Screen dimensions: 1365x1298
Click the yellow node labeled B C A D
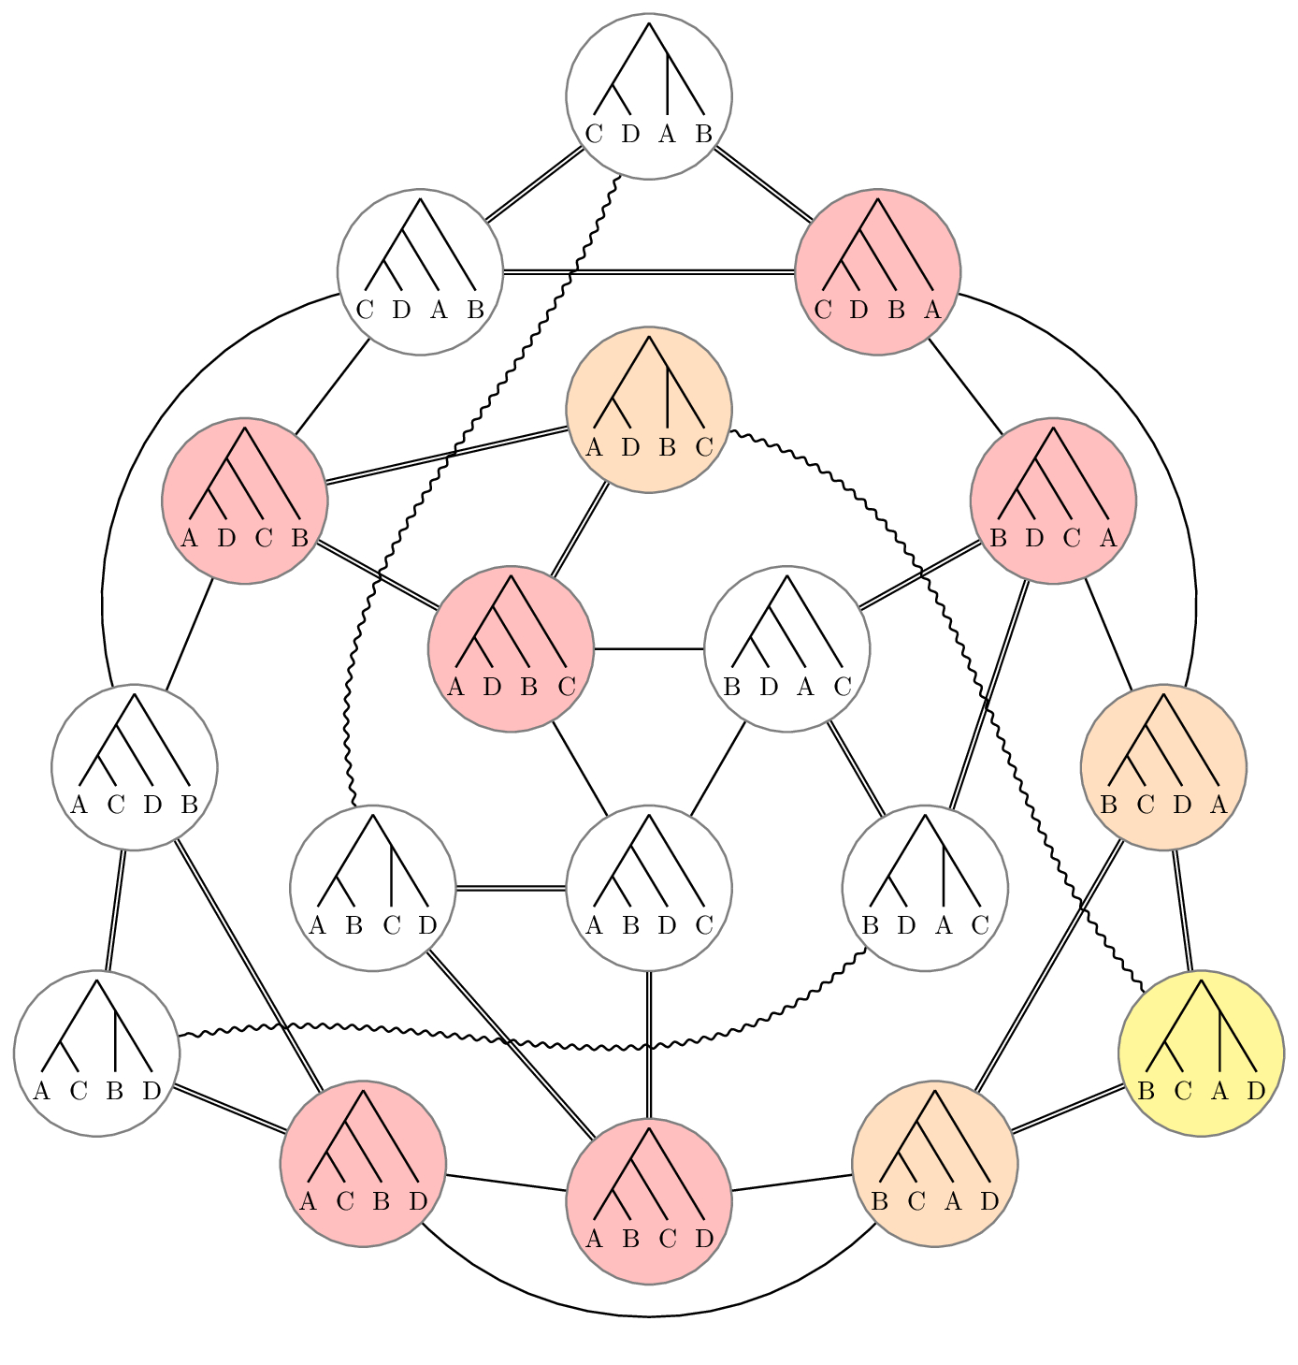click(x=1201, y=1053)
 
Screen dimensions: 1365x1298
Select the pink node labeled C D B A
click(x=877, y=272)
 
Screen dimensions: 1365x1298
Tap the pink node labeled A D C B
click(x=245, y=501)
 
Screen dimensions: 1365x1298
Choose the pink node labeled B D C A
click(x=1053, y=501)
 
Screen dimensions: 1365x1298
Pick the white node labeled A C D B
click(x=135, y=767)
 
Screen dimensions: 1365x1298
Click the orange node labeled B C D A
click(x=1163, y=767)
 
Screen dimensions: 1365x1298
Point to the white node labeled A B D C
click(x=649, y=888)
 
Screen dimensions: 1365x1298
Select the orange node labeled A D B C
click(x=649, y=409)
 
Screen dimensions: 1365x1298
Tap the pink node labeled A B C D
click(x=649, y=1201)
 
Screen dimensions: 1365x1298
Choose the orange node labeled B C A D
click(x=935, y=1164)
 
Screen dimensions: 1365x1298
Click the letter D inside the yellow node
click(x=1256, y=1090)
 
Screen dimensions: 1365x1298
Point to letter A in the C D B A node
click(x=932, y=310)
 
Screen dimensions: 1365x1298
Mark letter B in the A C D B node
click(x=190, y=805)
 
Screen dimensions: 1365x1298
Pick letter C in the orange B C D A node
click(x=1146, y=805)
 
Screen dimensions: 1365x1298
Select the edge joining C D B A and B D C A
click(x=965, y=386)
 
